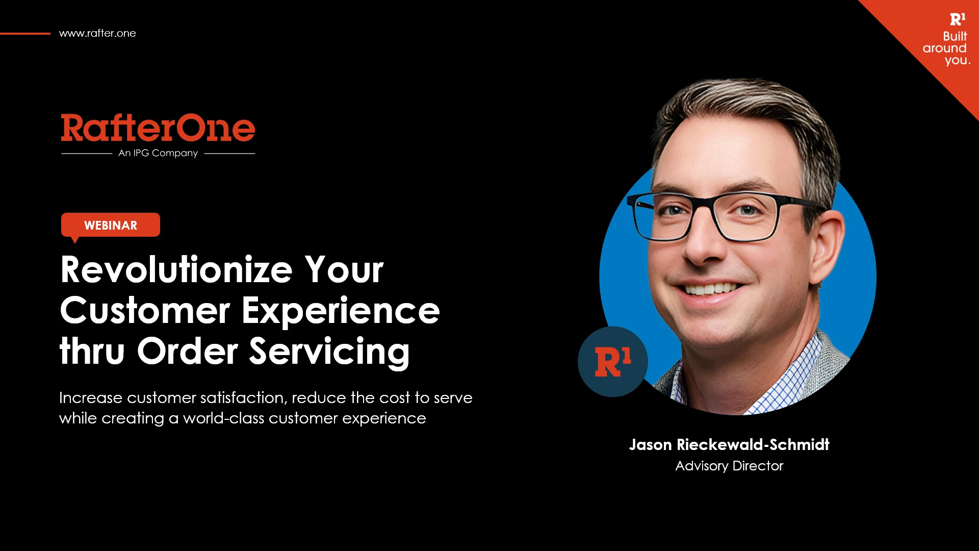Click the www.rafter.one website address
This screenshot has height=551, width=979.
97,33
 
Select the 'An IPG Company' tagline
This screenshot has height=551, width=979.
158,153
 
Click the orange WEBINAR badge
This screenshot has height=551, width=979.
111,225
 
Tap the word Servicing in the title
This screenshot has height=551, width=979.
329,353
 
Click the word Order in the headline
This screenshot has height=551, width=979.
188,351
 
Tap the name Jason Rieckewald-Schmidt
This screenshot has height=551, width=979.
729,444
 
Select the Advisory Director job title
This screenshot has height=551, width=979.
729,466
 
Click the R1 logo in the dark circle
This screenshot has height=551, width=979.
613,362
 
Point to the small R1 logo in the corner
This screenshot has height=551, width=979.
958,19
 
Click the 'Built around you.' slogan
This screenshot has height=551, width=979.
946,48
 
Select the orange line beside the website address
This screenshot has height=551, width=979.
25,34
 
